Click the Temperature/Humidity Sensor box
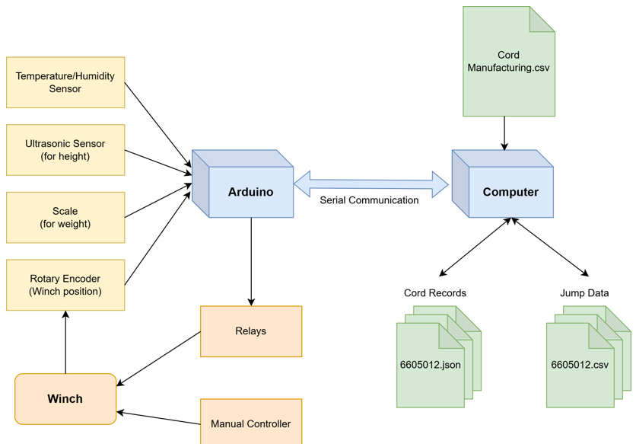point(65,82)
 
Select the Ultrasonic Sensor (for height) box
point(65,150)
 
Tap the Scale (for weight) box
point(65,218)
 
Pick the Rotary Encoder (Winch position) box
point(65,285)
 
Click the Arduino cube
point(250,192)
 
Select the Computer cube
point(510,192)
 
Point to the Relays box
point(251,331)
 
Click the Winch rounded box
point(65,399)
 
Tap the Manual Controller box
point(251,423)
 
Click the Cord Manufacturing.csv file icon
point(508,62)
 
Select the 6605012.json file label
point(431,365)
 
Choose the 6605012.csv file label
point(580,365)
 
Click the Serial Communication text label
point(369,200)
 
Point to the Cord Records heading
point(435,292)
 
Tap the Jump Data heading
point(584,292)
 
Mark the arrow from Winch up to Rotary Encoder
point(65,343)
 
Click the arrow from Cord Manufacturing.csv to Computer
point(504,133)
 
